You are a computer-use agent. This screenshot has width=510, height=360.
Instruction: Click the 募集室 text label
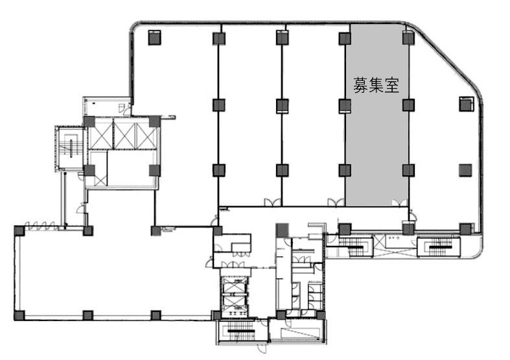coord(376,85)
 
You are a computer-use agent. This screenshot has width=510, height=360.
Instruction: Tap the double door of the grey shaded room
coord(399,202)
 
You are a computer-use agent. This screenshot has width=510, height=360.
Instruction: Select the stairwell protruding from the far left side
coord(69,149)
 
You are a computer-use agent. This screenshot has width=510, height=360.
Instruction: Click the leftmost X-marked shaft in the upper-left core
coord(100,134)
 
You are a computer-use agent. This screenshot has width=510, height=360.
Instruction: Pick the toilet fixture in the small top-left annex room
coord(121,108)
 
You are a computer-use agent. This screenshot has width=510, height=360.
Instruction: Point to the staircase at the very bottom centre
coord(241,331)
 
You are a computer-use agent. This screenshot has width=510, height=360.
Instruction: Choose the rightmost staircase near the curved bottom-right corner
coord(439,247)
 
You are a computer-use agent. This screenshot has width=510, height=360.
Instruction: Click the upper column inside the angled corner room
coord(466,104)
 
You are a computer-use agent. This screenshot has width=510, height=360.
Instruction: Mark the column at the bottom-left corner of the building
coord(19,315)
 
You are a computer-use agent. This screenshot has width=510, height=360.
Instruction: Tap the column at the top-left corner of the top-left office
coord(155,38)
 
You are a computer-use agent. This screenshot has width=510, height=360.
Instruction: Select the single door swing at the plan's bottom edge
coord(262,348)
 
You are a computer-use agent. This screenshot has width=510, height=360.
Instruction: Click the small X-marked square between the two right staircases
coord(379,241)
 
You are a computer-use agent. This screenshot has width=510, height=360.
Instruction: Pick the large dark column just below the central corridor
coord(282,230)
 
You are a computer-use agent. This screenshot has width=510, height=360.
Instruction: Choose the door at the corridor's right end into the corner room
coord(411,216)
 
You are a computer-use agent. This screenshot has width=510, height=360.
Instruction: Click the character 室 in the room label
coord(392,85)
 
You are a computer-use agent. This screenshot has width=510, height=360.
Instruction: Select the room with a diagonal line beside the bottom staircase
coord(297,331)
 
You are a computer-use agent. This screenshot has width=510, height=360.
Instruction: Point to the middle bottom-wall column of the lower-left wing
coord(88,315)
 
